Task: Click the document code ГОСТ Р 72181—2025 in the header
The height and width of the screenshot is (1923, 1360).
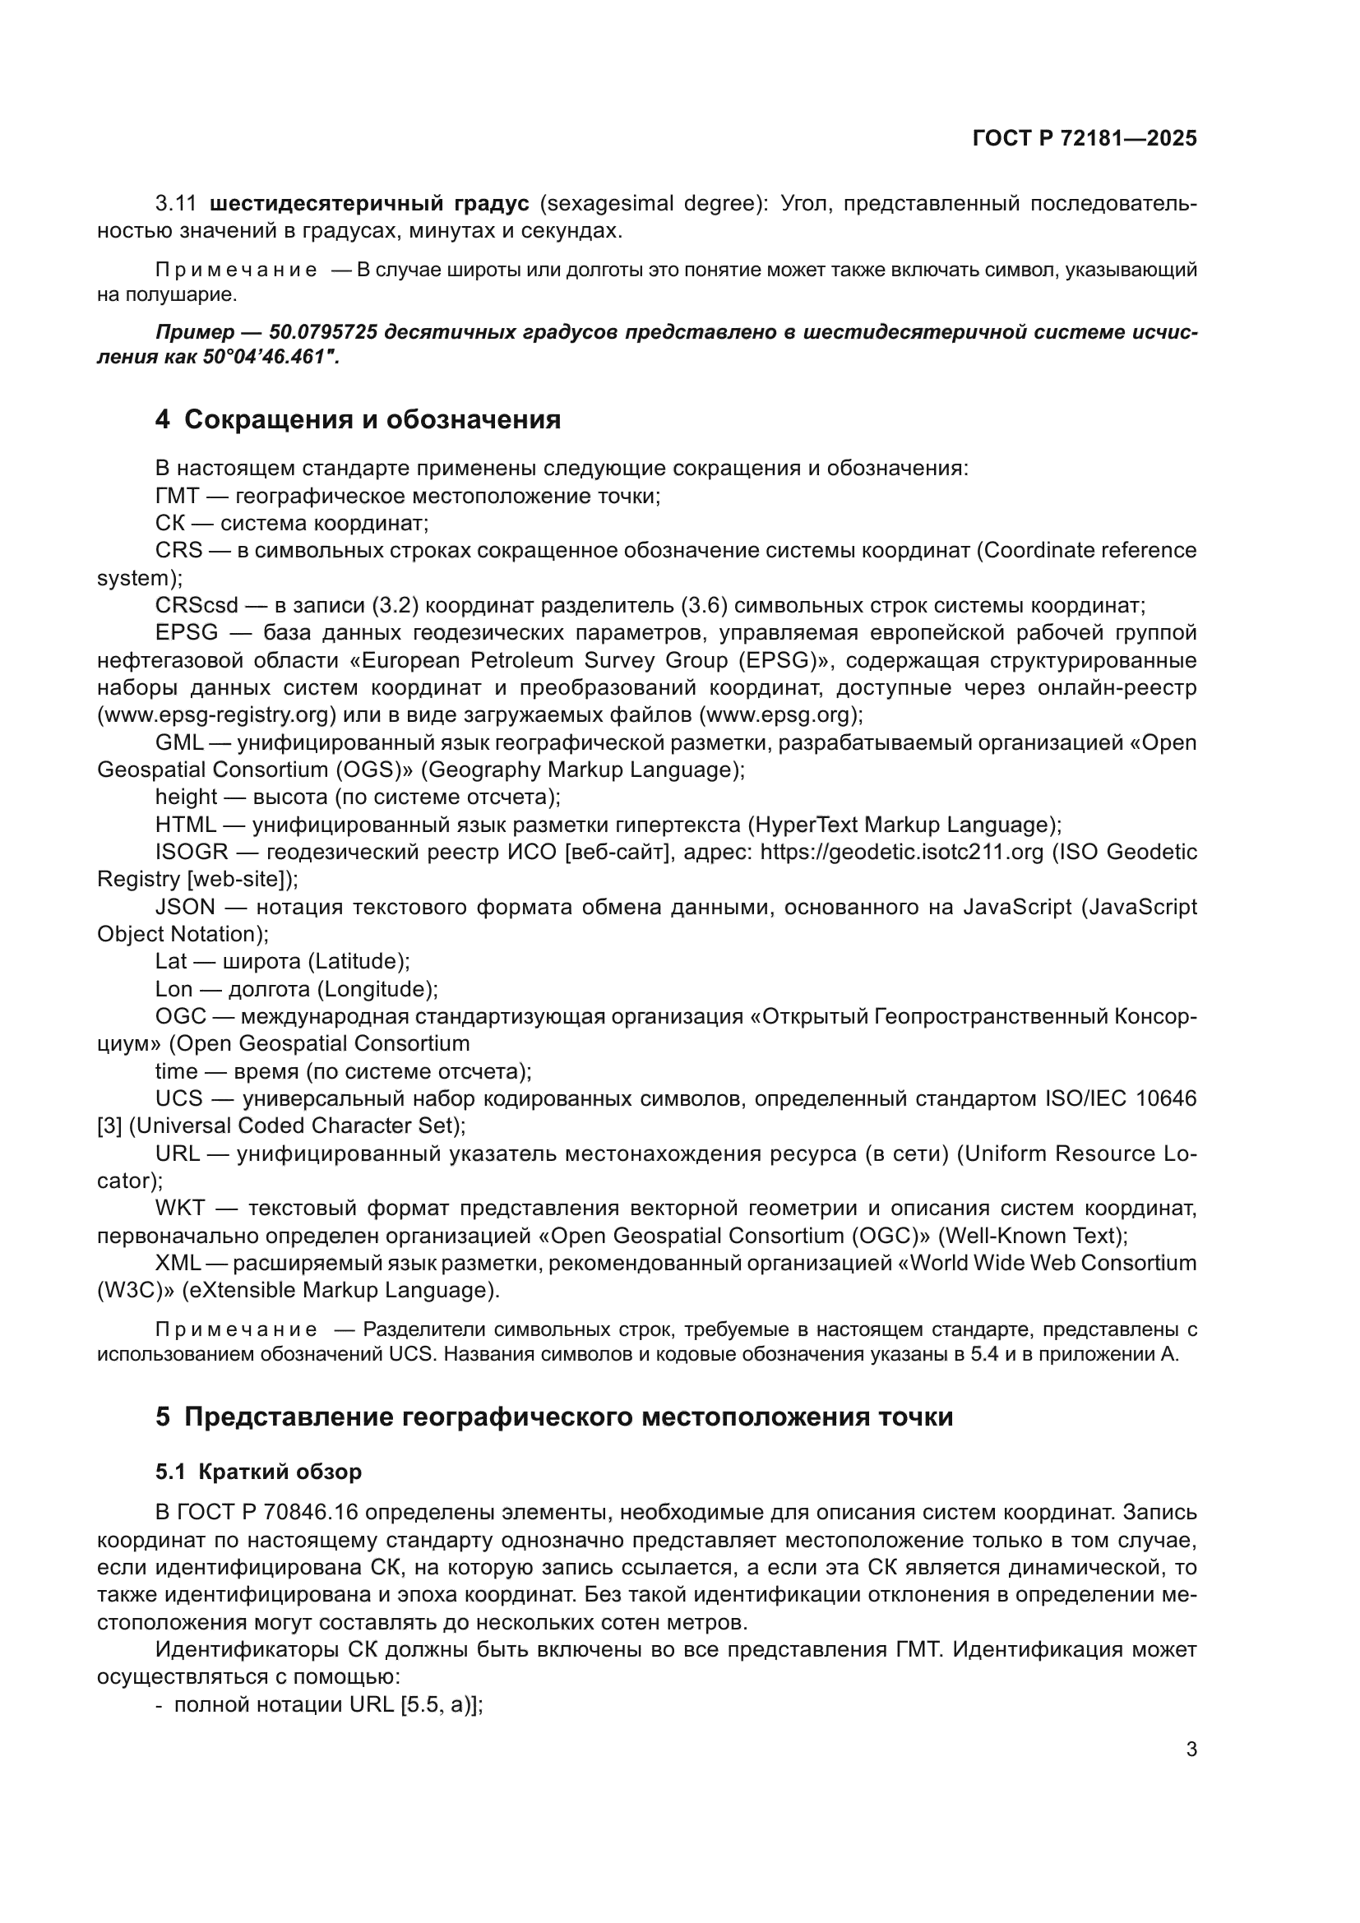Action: click(x=1085, y=138)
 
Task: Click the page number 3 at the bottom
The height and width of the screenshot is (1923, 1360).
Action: click(x=1191, y=1749)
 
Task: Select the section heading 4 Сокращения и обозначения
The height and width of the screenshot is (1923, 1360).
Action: click(x=358, y=418)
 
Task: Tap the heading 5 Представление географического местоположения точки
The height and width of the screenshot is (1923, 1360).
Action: click(x=553, y=1417)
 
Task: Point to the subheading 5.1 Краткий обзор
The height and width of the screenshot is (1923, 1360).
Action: click(x=258, y=1472)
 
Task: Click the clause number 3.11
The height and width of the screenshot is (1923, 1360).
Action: click(x=176, y=204)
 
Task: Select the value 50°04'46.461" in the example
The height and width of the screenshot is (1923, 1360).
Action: click(x=269, y=357)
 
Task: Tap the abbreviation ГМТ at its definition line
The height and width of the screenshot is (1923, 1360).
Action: click(x=177, y=496)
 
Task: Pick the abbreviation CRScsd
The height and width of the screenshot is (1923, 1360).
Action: click(x=196, y=606)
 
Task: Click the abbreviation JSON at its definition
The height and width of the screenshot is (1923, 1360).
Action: click(x=185, y=907)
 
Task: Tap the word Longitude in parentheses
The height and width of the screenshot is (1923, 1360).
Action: click(x=377, y=989)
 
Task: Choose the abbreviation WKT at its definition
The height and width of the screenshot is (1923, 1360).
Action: click(x=179, y=1209)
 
